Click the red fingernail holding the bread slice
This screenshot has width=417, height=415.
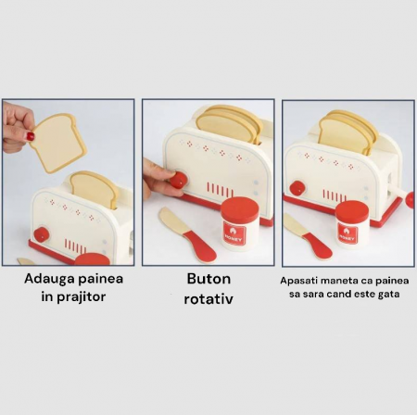tap(31, 136)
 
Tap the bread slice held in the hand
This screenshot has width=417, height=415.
tap(57, 143)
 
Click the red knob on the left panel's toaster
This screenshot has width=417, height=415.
tap(42, 234)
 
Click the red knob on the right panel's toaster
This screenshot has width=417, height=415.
tap(297, 188)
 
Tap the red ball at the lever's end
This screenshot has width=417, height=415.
tap(411, 199)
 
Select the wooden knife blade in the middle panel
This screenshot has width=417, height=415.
tap(171, 220)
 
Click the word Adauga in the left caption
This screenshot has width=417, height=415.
tap(49, 279)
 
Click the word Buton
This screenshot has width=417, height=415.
tap(208, 279)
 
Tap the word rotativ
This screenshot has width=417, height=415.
tap(208, 299)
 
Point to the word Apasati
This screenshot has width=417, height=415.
tap(298, 282)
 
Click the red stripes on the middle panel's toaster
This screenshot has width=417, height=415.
tap(220, 189)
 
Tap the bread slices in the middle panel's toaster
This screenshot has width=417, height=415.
tap(230, 124)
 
